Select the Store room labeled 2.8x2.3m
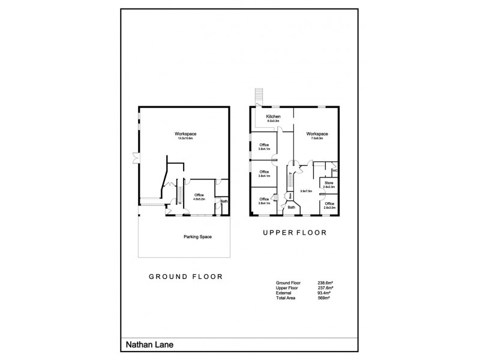[329, 184]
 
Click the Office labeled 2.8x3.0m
[329, 205]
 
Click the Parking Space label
[197, 236]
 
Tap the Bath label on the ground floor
[224, 201]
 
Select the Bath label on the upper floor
[291, 208]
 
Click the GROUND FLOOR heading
[185, 277]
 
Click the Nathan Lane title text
[146, 345]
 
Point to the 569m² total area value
[324, 298]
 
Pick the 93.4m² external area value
[325, 292]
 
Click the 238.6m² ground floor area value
[326, 282]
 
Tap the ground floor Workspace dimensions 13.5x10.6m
[185, 138]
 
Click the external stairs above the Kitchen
[259, 96]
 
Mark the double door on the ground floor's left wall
[135, 159]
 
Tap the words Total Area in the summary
[285, 298]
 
